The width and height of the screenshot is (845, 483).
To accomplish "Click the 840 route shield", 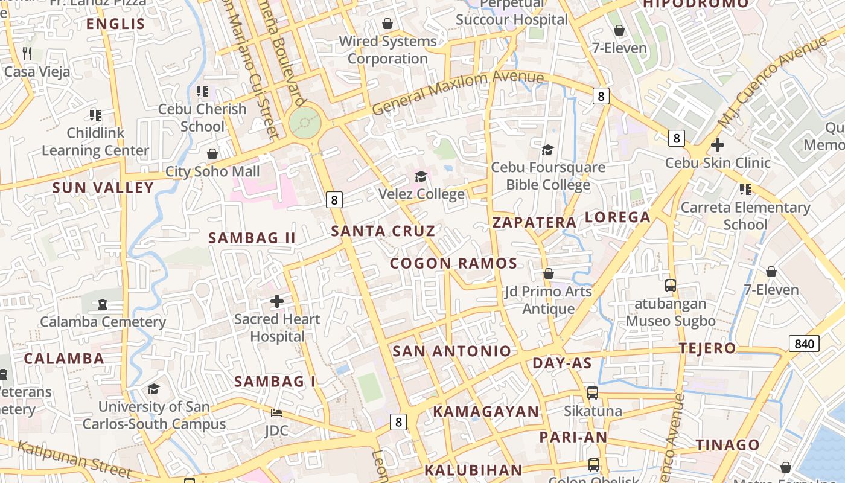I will (x=804, y=344).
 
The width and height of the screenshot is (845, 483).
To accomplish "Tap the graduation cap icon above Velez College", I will (x=421, y=176).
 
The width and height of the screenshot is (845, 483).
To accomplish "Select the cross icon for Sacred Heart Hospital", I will (x=277, y=301).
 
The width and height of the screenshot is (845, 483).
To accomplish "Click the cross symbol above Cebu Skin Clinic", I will (x=717, y=145).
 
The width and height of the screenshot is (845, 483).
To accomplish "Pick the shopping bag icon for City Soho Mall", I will (x=212, y=154).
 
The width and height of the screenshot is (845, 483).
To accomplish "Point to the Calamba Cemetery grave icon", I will (x=103, y=304).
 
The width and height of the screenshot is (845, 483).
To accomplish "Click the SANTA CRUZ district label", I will (x=383, y=231).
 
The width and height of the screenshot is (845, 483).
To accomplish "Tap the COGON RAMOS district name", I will (x=453, y=263).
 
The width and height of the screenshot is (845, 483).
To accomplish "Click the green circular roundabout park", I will (x=305, y=123).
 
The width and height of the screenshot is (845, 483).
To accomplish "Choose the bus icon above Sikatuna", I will (x=593, y=393).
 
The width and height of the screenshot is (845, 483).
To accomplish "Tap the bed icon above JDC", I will (x=276, y=413).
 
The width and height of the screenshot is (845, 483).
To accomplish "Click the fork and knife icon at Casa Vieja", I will (x=27, y=53).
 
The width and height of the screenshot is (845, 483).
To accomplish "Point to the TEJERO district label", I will (x=707, y=348).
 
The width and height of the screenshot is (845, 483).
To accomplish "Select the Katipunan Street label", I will (x=74, y=459).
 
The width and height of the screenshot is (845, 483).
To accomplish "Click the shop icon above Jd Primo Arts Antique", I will (x=548, y=273).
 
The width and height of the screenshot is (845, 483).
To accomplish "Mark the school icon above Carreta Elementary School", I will (x=745, y=190).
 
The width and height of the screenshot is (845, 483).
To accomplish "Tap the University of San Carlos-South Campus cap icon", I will (x=154, y=389).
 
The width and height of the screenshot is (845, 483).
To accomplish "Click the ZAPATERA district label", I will (x=534, y=222).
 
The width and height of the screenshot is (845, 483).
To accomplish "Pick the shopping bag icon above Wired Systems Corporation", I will (x=387, y=24).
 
